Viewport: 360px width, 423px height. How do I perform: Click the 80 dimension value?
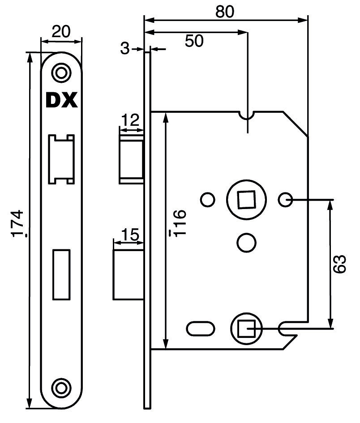(x=225, y=12)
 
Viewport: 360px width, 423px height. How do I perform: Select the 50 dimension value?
(x=194, y=41)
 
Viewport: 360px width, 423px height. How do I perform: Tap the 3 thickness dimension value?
(x=124, y=48)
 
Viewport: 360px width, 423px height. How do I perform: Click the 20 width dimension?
(x=61, y=31)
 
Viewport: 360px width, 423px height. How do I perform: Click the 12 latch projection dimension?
(x=130, y=120)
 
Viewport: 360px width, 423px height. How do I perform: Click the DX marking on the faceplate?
(x=62, y=100)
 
